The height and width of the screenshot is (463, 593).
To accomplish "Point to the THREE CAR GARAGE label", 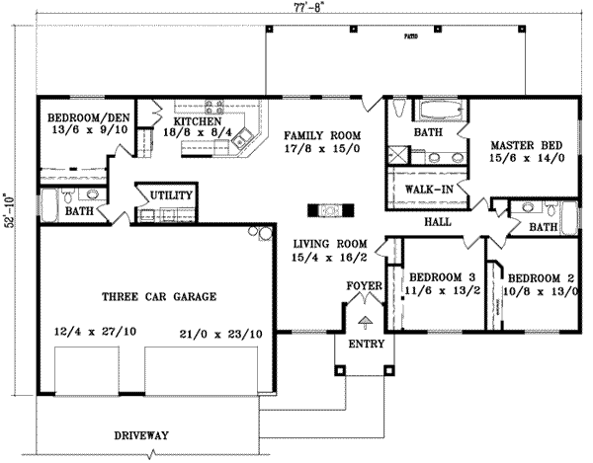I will coord(159,296).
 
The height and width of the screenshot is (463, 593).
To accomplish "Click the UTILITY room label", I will coord(169,196).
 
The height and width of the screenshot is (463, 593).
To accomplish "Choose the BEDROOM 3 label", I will coord(436,275).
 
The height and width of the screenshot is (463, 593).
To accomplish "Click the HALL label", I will coord(436,223).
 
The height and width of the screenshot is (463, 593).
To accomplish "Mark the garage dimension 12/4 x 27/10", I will coord(85,333).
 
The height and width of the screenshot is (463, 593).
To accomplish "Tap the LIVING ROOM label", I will coord(329,243).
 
